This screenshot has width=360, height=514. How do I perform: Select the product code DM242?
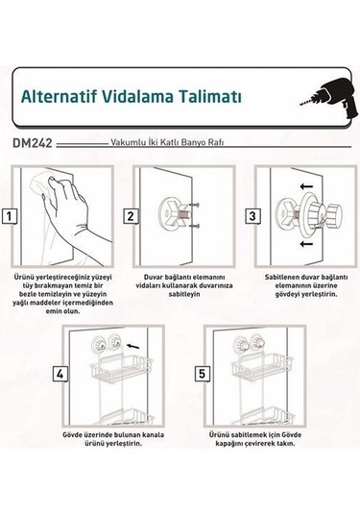pos(35,143)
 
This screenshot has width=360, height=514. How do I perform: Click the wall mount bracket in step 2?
pos(175,213)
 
